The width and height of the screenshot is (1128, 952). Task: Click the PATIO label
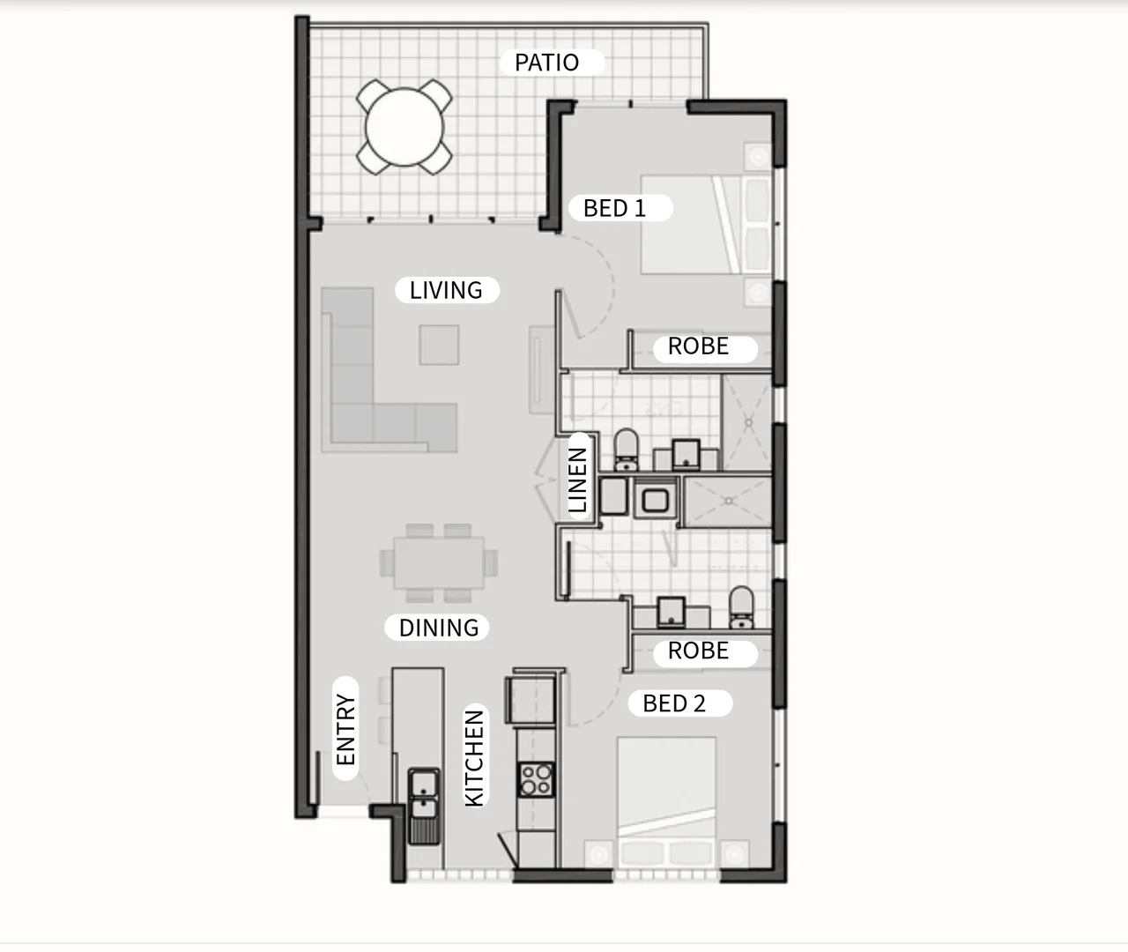click(x=546, y=63)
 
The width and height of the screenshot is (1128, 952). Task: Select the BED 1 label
click(x=614, y=209)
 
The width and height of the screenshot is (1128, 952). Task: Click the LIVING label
click(x=446, y=290)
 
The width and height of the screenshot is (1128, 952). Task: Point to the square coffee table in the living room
click(x=439, y=345)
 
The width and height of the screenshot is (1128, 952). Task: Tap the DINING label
click(x=438, y=628)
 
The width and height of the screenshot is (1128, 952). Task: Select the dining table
click(x=439, y=562)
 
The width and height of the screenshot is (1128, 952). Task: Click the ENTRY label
click(x=345, y=730)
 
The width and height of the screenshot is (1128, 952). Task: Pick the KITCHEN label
click(x=474, y=758)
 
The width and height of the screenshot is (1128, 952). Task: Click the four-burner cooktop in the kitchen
click(x=536, y=779)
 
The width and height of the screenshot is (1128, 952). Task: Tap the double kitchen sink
click(x=425, y=793)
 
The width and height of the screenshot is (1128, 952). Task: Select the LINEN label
click(x=578, y=480)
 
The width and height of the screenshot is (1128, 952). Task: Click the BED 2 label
click(x=674, y=703)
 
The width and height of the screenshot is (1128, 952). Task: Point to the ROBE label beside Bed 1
click(x=698, y=346)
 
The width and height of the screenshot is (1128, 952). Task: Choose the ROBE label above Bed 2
click(x=698, y=651)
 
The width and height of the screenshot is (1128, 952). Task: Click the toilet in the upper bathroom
click(x=626, y=450)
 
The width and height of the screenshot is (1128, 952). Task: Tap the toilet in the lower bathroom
click(x=742, y=607)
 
